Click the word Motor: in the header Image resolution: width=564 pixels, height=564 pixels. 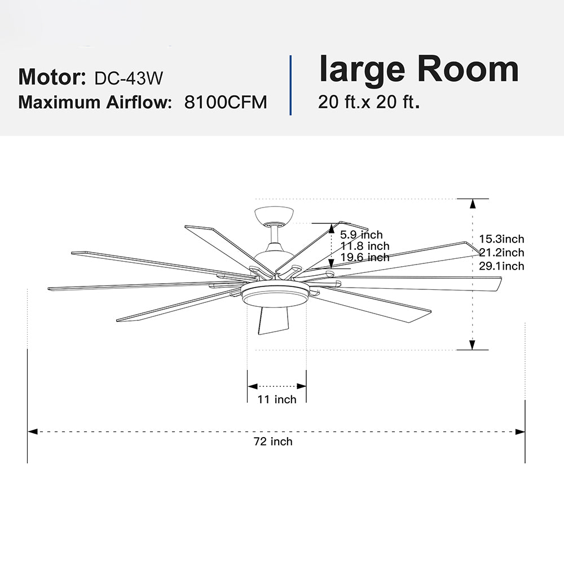coord(52,77)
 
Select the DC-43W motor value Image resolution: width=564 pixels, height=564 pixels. coord(129,78)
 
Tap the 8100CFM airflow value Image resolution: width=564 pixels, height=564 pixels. coord(226,102)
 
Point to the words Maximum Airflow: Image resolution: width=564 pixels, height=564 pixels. coord(95,102)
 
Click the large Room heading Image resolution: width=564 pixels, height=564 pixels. coord(418,69)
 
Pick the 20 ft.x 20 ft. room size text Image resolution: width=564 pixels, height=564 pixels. coord(369,102)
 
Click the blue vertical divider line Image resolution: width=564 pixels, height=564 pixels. coord(290,85)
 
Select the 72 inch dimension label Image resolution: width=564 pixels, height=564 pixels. coord(273,442)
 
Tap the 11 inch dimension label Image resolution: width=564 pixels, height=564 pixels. coord(276,399)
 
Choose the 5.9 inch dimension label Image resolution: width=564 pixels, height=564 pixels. coord(362,235)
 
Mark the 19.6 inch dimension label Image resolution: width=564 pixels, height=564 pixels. coord(365,257)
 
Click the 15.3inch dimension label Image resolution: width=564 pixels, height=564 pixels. coord(501,239)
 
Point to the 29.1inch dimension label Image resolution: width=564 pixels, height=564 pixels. coord(501,266)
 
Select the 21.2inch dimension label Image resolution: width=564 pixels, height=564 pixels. coord(501,253)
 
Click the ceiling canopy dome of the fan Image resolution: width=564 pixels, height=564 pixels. coord(274,214)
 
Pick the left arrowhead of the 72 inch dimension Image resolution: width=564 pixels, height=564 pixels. coord(33,431)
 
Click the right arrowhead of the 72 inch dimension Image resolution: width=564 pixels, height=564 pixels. coord(520,431)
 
